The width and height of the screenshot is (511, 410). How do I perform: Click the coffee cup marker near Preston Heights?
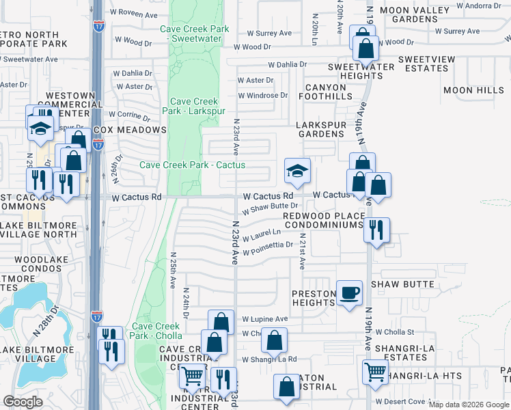pyautogui.click(x=350, y=293)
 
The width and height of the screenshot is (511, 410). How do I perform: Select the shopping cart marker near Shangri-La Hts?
pyautogui.click(x=374, y=372)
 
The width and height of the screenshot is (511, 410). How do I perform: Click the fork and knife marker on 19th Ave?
pyautogui.click(x=375, y=230)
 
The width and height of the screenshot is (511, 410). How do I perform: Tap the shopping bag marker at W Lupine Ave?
pyautogui.click(x=221, y=323)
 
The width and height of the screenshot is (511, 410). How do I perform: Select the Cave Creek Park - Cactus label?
pyautogui.click(x=193, y=165)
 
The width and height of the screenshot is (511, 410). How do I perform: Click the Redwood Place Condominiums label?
pyautogui.click(x=322, y=220)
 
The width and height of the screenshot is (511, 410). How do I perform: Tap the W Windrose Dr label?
pyautogui.click(x=263, y=95)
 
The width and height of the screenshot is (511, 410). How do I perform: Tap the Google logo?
pyautogui.click(x=23, y=402)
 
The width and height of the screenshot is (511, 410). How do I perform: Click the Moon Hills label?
pyautogui.click(x=473, y=90)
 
